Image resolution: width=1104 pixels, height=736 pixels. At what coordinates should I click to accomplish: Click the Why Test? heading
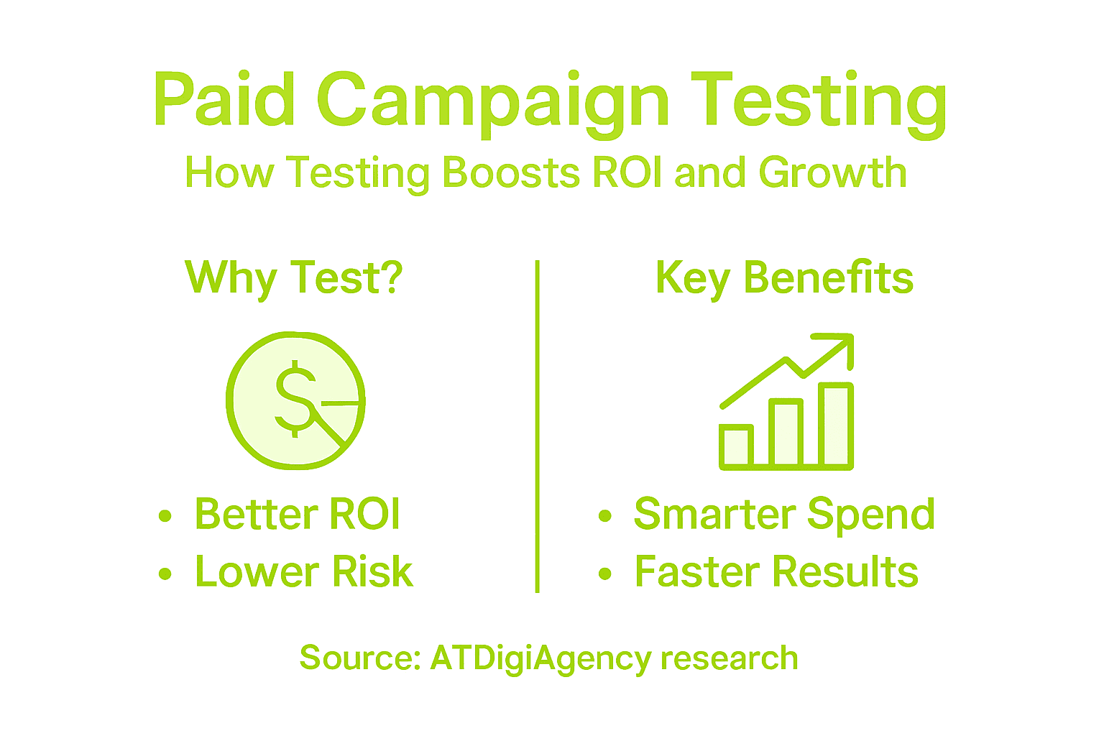click(294, 278)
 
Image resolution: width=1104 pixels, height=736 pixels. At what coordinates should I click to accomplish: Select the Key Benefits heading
click(784, 278)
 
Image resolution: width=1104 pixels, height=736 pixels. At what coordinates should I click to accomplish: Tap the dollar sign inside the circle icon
click(295, 398)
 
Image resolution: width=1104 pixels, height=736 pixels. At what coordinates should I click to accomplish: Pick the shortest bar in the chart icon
click(736, 446)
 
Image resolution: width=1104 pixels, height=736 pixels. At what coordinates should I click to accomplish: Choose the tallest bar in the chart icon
click(836, 425)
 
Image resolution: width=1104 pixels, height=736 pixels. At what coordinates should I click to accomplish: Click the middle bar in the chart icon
click(786, 433)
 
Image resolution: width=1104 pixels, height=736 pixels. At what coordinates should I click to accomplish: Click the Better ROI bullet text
click(297, 515)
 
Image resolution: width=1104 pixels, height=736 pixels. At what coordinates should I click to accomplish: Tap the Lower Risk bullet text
click(304, 572)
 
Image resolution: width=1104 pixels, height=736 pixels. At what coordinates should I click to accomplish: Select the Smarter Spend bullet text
click(784, 515)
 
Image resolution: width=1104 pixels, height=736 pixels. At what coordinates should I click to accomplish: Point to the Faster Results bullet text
click(776, 572)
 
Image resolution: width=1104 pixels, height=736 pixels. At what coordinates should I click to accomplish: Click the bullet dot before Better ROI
click(165, 515)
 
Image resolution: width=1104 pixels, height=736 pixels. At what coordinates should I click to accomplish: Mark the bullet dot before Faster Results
click(605, 573)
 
